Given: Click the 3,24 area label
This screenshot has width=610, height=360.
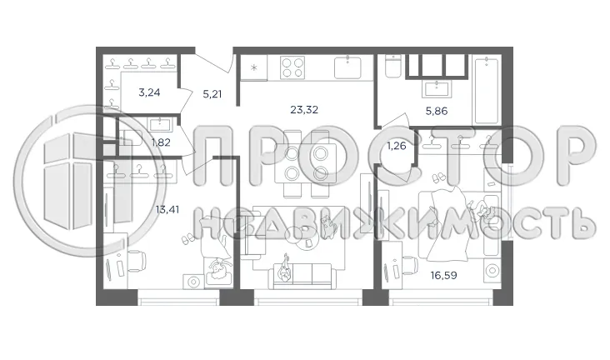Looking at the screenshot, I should pyautogui.click(x=149, y=92).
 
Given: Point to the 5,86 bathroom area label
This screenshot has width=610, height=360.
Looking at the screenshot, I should pyautogui.click(x=436, y=108).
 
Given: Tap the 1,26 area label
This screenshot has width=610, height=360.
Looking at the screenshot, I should pyautogui.click(x=396, y=147).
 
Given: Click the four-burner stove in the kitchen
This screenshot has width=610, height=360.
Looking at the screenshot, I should pyautogui.click(x=292, y=67).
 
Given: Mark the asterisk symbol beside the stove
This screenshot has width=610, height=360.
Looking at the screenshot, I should pyautogui.click(x=255, y=67).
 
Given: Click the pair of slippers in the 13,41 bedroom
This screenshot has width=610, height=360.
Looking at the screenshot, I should pyautogui.click(x=187, y=237).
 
